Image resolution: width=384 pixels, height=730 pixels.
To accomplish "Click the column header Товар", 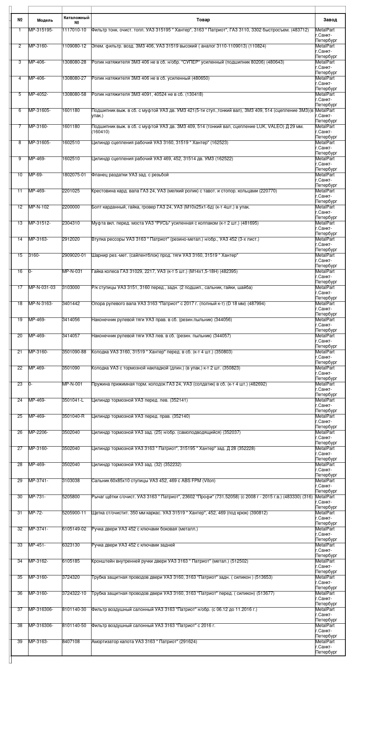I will coord(203,20).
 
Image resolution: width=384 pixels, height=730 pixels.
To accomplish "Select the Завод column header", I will coord(330,20).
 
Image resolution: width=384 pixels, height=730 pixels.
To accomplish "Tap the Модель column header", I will coord(45,20).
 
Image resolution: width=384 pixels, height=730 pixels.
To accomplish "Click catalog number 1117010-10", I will coord(74,30).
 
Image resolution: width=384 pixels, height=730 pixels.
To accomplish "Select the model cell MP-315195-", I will coord(41,30).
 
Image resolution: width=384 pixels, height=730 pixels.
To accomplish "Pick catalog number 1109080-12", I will coord(74,46).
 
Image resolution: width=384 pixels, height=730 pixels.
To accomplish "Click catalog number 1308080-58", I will coord(74,94).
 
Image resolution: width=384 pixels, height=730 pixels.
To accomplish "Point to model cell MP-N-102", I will coord(39,207).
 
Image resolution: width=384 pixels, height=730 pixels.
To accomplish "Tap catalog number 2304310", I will coord(71,223).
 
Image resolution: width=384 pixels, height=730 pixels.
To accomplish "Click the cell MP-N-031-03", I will coord(42,288).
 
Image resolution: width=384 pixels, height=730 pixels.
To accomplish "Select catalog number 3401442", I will coord(71,304).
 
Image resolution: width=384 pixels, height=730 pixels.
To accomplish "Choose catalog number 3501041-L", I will coord(73,400).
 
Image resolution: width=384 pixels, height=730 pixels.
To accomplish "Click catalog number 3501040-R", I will coord(73,416).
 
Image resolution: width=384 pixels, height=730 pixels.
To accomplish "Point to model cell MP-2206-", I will coord(38,432).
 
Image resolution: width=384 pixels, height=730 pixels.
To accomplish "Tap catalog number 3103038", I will coord(71,481).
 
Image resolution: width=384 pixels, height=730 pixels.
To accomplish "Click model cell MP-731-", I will coord(37,497).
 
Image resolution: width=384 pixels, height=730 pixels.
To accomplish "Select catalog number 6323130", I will coord(71,545).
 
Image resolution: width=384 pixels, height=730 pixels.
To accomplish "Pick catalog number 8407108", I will coord(71,642).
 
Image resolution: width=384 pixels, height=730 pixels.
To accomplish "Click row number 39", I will coord(20,642).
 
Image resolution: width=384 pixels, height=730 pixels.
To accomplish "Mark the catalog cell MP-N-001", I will coord(72,384).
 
